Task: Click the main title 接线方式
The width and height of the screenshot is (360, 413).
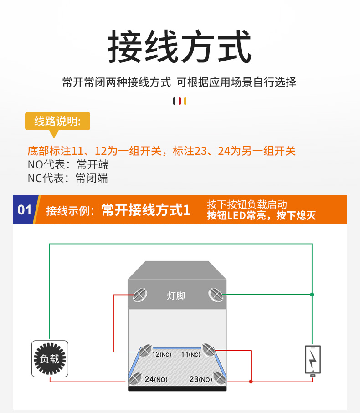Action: click(180, 47)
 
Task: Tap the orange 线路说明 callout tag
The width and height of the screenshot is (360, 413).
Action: click(57, 121)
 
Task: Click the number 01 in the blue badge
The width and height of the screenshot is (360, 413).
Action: click(25, 210)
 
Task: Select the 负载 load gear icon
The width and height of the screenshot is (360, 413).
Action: click(50, 359)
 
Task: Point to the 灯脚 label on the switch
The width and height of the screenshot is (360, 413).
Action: click(176, 296)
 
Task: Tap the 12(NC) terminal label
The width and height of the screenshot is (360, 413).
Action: click(162, 354)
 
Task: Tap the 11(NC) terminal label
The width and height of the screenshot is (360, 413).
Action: click(190, 354)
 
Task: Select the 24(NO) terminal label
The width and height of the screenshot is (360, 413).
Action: click(155, 379)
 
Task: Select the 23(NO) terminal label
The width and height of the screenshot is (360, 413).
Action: click(201, 379)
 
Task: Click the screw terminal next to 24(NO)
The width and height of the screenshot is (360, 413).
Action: click(135, 377)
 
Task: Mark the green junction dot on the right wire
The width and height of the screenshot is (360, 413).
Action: click(312, 295)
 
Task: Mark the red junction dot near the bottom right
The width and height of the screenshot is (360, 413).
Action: click(251, 382)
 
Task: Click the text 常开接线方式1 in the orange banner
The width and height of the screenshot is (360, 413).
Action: click(145, 210)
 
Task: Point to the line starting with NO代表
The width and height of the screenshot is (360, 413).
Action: click(68, 164)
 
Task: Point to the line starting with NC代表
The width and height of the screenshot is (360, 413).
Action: click(68, 178)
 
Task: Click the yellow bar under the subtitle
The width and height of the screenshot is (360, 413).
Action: click(185, 101)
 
